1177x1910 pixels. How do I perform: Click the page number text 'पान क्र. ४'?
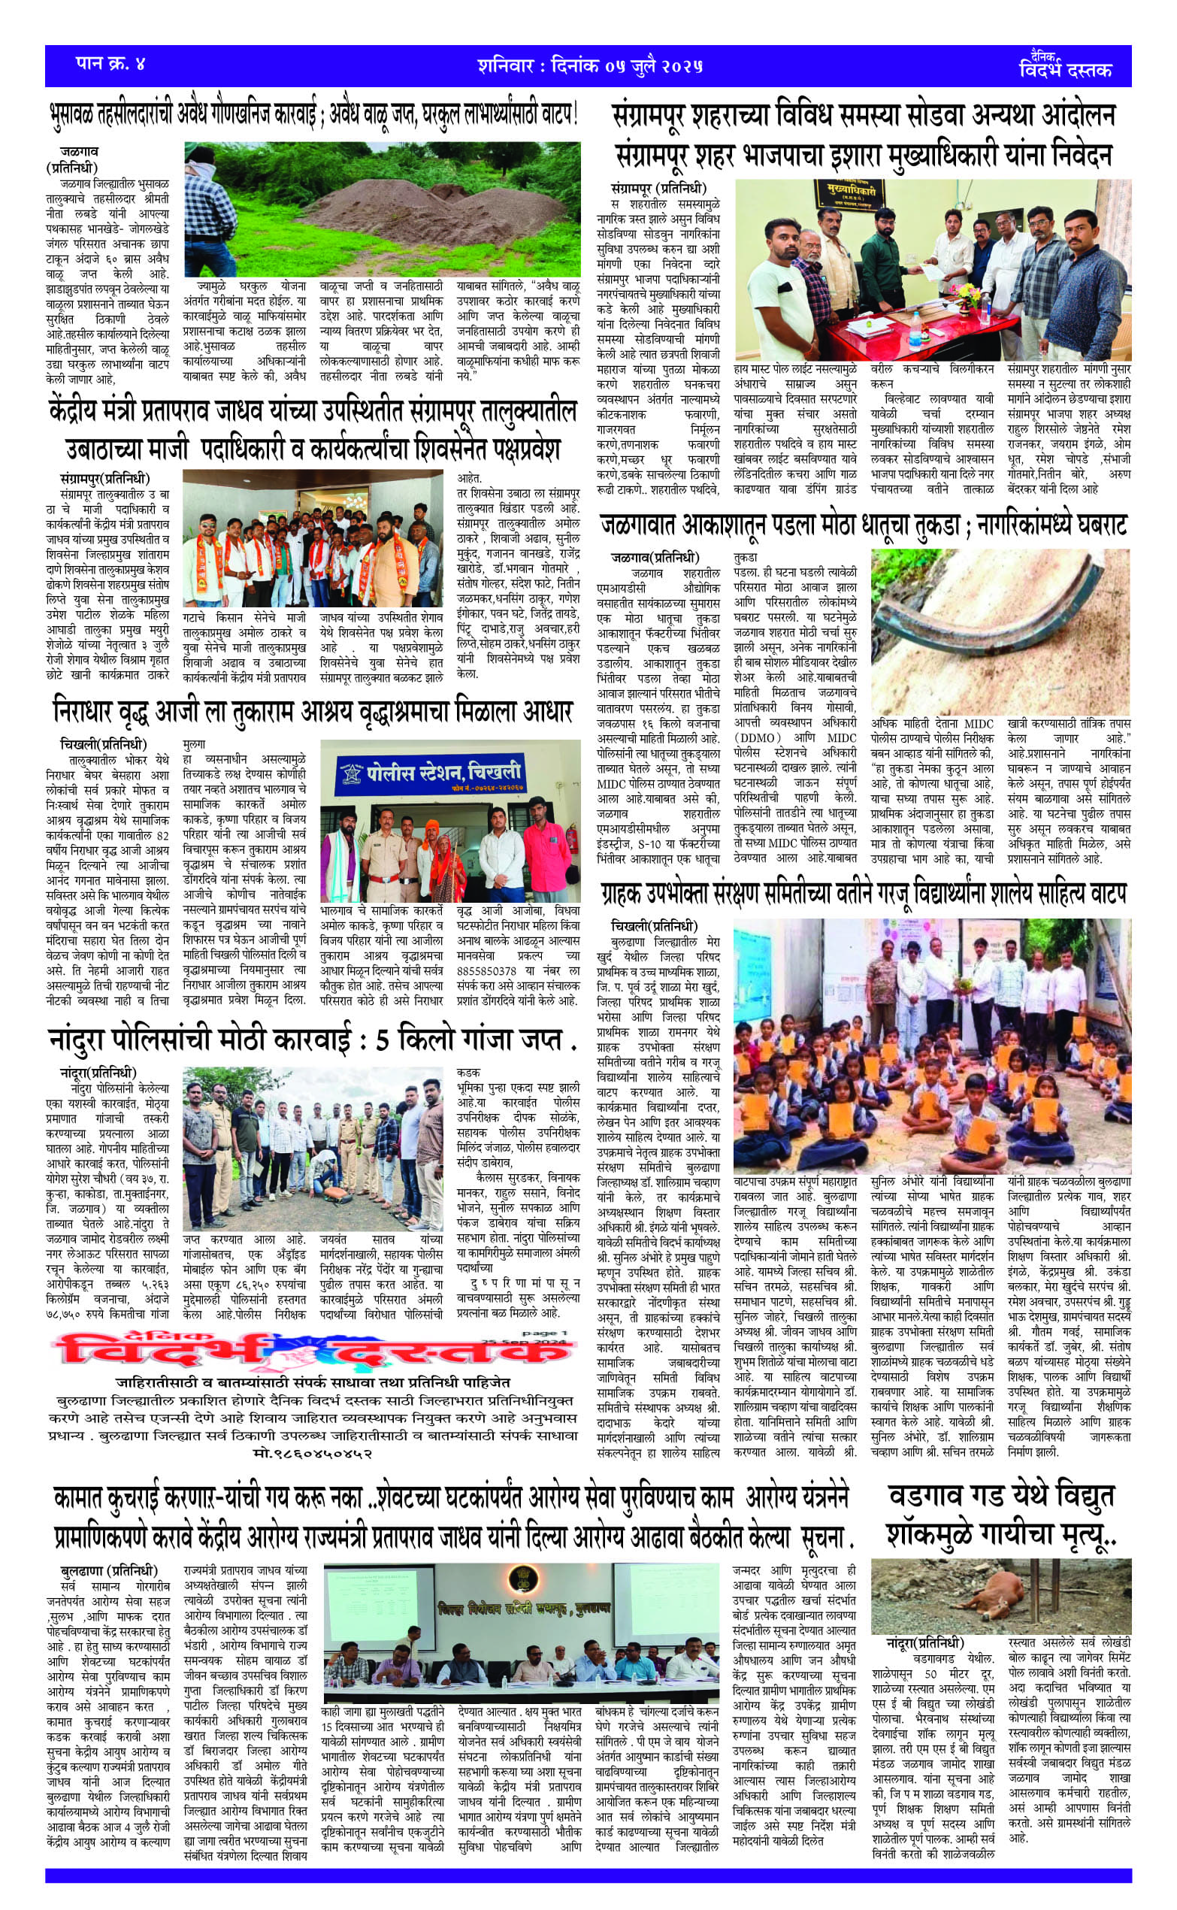(110, 64)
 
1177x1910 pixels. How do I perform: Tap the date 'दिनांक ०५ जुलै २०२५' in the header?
(627, 65)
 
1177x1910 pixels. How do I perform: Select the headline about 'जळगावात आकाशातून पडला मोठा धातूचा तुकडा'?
(863, 526)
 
